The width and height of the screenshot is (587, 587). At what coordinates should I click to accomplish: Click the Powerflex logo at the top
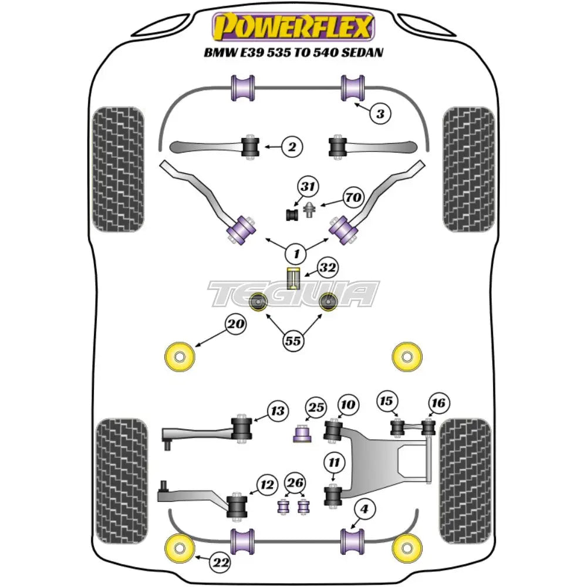click(293, 27)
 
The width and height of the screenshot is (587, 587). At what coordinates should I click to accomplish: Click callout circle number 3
click(380, 113)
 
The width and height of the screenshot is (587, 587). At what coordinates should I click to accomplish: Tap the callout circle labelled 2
click(292, 147)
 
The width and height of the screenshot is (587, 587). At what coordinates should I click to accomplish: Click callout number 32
click(328, 269)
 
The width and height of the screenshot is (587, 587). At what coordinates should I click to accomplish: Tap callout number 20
click(237, 323)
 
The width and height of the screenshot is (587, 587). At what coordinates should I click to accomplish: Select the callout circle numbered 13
click(277, 410)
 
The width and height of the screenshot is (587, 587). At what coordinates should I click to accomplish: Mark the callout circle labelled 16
click(440, 403)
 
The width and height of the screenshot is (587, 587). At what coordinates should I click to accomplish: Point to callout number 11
click(334, 464)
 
